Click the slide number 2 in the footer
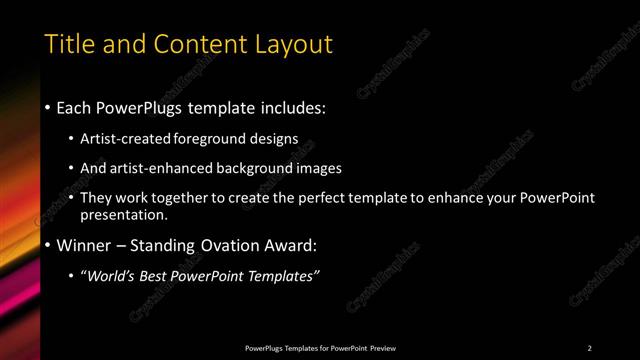coord(590,347)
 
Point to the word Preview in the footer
coord(381,347)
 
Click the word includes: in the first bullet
coord(292,106)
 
